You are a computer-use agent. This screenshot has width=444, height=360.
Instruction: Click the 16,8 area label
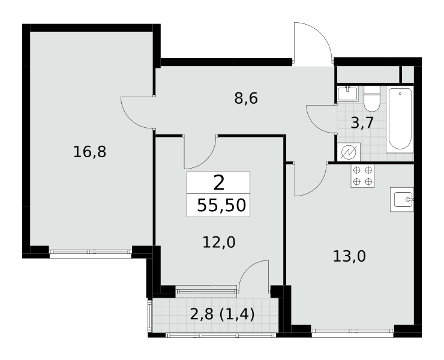tap(90, 152)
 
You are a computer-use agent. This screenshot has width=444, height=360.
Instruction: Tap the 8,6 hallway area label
tap(246, 99)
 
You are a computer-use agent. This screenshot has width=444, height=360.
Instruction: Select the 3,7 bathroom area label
tap(362, 123)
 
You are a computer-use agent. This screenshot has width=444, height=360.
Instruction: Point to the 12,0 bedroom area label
tap(219, 242)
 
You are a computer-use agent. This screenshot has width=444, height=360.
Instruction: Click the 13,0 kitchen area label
tap(349, 256)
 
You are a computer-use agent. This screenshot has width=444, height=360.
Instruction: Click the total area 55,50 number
tap(221, 205)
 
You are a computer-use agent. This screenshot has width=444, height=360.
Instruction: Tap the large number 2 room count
tap(219, 182)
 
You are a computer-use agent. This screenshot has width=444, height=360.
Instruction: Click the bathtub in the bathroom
tap(400, 119)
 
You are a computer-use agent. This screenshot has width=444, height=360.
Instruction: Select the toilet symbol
tap(372, 99)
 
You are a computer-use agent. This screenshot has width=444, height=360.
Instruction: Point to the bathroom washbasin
tap(348, 93)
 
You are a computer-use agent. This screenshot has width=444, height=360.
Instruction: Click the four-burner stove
tap(362, 176)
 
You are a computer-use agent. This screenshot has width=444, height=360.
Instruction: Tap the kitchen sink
tap(402, 199)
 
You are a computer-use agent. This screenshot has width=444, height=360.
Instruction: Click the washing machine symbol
tap(349, 152)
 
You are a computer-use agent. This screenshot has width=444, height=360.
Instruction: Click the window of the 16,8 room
tap(91, 251)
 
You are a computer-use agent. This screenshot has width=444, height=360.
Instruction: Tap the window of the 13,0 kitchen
tap(353, 331)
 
